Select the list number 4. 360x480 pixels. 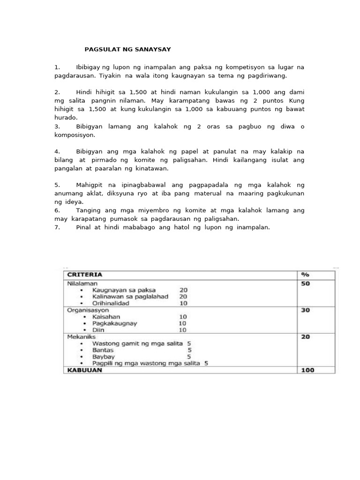[57, 152]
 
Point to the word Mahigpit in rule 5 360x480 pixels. [90, 185]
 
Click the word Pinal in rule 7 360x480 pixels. [85, 227]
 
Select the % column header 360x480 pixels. [305, 275]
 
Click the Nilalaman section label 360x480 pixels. [82, 284]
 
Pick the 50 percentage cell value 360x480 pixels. [306, 284]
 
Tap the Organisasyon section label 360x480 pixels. [87, 310]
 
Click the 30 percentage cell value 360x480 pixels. [306, 310]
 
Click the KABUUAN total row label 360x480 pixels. [84, 370]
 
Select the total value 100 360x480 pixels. [307, 370]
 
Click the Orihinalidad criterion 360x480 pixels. [111, 303]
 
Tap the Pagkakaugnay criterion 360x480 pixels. [115, 323]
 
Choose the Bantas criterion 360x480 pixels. [103, 350]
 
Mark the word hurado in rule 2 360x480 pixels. [65, 118]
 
